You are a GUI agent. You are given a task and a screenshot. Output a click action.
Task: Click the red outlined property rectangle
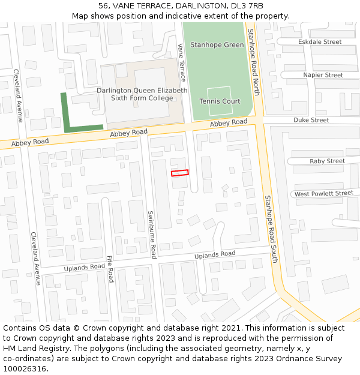pyautogui.click(x=180, y=173)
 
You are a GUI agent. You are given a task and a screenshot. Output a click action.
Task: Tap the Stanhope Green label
pyautogui.click(x=217, y=45)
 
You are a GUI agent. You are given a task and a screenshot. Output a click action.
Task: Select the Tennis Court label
pyautogui.click(x=220, y=101)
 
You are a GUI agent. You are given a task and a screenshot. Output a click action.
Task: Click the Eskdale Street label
pyautogui.click(x=320, y=42)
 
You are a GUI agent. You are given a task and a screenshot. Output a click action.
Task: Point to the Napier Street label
pyautogui.click(x=323, y=75)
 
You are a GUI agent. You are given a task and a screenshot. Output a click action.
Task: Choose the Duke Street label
pyautogui.click(x=311, y=120)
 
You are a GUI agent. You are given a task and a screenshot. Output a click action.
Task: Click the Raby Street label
pyautogui.click(x=327, y=161)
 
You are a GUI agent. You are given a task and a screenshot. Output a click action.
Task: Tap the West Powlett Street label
pyautogui.click(x=324, y=194)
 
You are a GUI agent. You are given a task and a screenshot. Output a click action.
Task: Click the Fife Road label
pyautogui.click(x=110, y=269)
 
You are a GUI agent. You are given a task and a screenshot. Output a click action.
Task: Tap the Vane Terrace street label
pyautogui.click(x=182, y=62)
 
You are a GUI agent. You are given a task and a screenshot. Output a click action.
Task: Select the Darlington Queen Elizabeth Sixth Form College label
pyautogui.click(x=142, y=94)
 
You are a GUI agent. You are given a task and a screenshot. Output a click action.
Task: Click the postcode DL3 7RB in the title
pyautogui.click(x=247, y=6)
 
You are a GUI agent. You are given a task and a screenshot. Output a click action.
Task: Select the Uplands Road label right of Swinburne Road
pyautogui.click(x=215, y=254)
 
